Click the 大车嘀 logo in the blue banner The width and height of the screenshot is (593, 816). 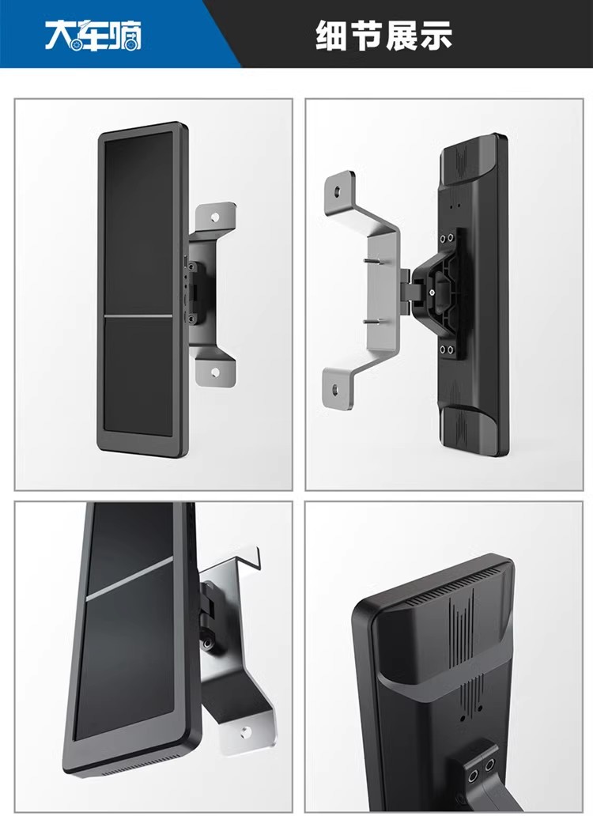tap(93, 36)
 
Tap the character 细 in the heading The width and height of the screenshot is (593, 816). tap(331, 36)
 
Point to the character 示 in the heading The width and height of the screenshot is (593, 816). tap(435, 36)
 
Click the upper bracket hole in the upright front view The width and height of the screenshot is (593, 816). tap(215, 215)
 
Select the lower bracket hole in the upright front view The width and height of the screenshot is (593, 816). tap(215, 372)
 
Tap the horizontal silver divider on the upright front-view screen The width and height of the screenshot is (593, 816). tap(138, 316)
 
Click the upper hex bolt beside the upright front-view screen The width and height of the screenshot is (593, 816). tap(191, 267)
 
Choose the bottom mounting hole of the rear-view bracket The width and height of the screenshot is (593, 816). tap(334, 388)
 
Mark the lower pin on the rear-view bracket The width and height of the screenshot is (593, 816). tap(372, 321)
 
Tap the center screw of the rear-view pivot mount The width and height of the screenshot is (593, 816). tap(432, 293)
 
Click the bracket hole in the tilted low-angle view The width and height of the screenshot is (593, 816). tap(245, 733)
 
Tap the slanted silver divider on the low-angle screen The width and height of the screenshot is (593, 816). tap(129, 579)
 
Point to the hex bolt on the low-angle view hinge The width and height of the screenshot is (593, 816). tap(208, 644)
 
